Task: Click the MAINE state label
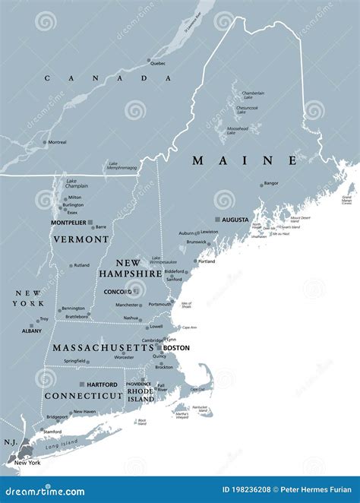click(x=245, y=160)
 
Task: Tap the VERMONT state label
click(x=81, y=239)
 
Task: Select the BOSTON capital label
click(x=176, y=347)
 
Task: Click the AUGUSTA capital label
click(x=235, y=220)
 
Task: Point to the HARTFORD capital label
click(x=102, y=384)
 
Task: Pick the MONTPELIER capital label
click(x=68, y=223)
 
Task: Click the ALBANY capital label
click(x=32, y=331)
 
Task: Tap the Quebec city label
click(x=157, y=63)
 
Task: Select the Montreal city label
click(x=57, y=142)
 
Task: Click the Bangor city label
click(x=271, y=183)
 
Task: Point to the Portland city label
click(x=207, y=261)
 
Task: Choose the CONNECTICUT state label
click(x=83, y=397)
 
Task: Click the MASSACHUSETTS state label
click(x=103, y=347)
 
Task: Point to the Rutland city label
click(x=81, y=265)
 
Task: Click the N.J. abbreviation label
click(x=10, y=441)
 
